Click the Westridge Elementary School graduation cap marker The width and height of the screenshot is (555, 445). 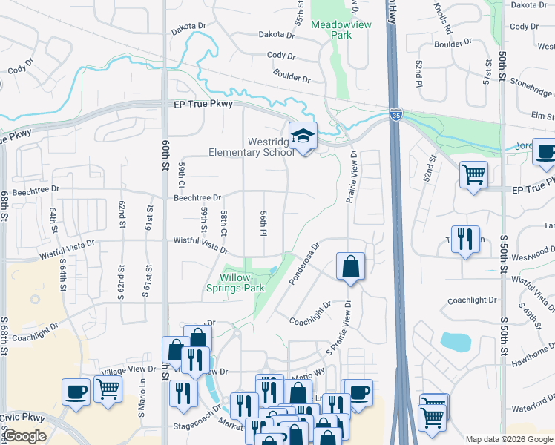coord(303,137)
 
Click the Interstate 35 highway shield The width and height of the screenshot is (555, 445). coord(396,115)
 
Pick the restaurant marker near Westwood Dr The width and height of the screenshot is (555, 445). coord(465,240)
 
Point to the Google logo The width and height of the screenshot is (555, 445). coord(26,436)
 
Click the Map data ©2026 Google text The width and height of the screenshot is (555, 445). coord(509,439)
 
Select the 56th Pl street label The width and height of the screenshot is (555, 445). coord(263,222)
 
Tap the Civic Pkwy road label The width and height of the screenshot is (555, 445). coord(22,419)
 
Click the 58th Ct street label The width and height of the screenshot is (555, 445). coord(223,223)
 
